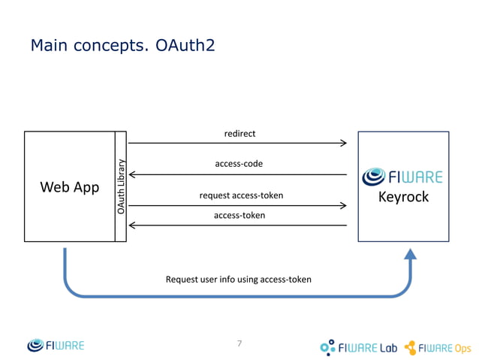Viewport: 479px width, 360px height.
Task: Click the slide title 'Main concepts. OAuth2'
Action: (x=122, y=47)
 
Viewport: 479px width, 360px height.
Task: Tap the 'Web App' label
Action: (x=69, y=187)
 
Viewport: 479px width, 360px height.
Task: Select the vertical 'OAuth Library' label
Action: (x=120, y=187)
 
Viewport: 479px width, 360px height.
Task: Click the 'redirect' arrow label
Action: (x=239, y=134)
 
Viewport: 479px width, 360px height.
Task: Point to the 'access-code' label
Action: (x=239, y=163)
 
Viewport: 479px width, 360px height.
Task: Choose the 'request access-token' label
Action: (x=241, y=196)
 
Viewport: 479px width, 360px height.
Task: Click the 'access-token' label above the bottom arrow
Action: (x=239, y=215)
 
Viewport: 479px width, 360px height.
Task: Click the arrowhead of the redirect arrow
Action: (x=343, y=143)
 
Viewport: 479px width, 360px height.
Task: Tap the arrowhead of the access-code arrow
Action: (x=133, y=174)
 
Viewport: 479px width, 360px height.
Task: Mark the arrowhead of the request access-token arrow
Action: (x=343, y=205)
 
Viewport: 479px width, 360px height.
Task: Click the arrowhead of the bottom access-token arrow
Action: (x=133, y=225)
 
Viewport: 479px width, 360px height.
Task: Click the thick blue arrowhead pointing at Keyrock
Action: (x=410, y=256)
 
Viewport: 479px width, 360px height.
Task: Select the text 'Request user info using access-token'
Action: (x=238, y=280)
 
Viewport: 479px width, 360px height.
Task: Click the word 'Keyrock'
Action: (x=403, y=198)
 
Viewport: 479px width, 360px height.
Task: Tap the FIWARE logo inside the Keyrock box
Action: (x=402, y=177)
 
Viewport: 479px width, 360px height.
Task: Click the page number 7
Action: (x=239, y=343)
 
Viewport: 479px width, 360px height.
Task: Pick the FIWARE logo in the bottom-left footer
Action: (x=56, y=346)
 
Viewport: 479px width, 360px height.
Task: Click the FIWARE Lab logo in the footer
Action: (x=358, y=347)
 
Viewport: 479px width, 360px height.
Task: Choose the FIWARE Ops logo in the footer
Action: (x=438, y=347)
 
